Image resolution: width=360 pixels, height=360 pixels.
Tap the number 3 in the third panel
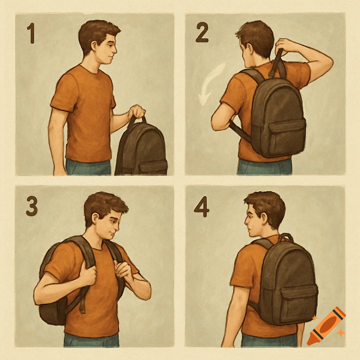[x=32, y=206]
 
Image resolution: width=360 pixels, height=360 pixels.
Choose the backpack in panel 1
[x=142, y=149]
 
